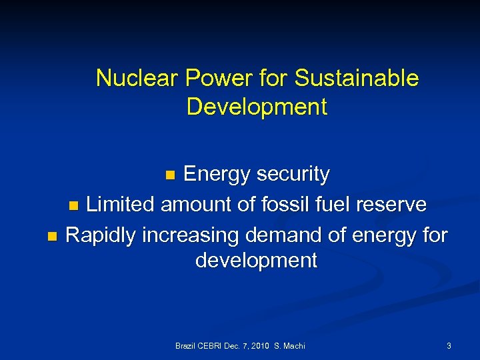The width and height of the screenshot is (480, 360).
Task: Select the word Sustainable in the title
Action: click(357, 79)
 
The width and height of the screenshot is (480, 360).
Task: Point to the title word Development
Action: click(257, 107)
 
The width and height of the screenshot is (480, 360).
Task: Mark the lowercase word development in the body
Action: click(257, 261)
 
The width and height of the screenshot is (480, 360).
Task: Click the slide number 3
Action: click(449, 346)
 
